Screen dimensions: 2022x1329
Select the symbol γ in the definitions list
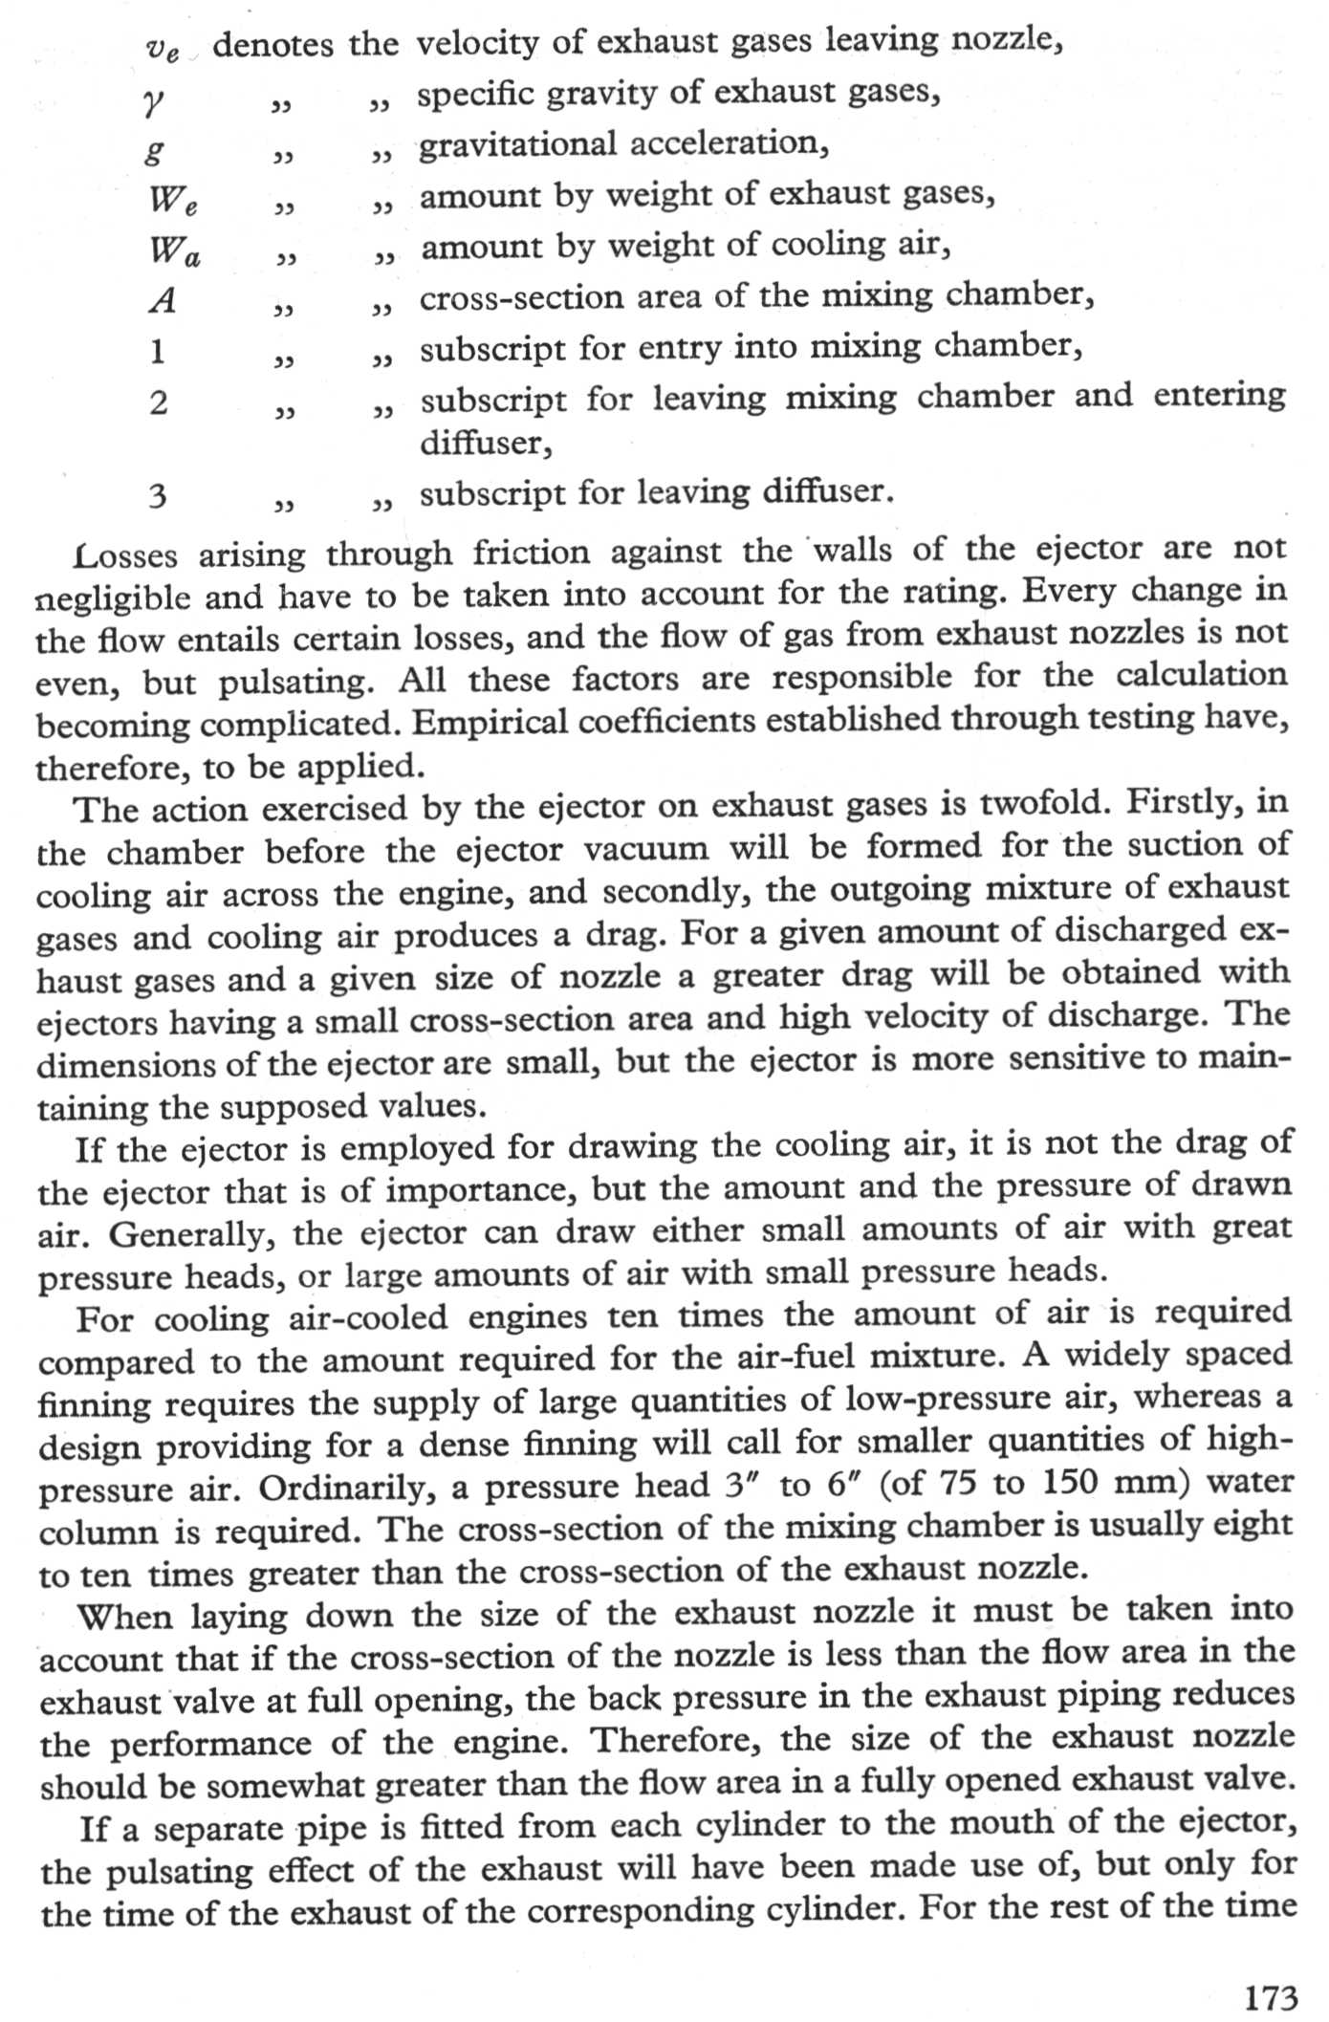pos(153,98)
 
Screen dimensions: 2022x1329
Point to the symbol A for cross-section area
pos(163,301)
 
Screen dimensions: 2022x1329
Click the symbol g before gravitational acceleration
pos(154,149)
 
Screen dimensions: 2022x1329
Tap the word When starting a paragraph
pos(124,1618)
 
